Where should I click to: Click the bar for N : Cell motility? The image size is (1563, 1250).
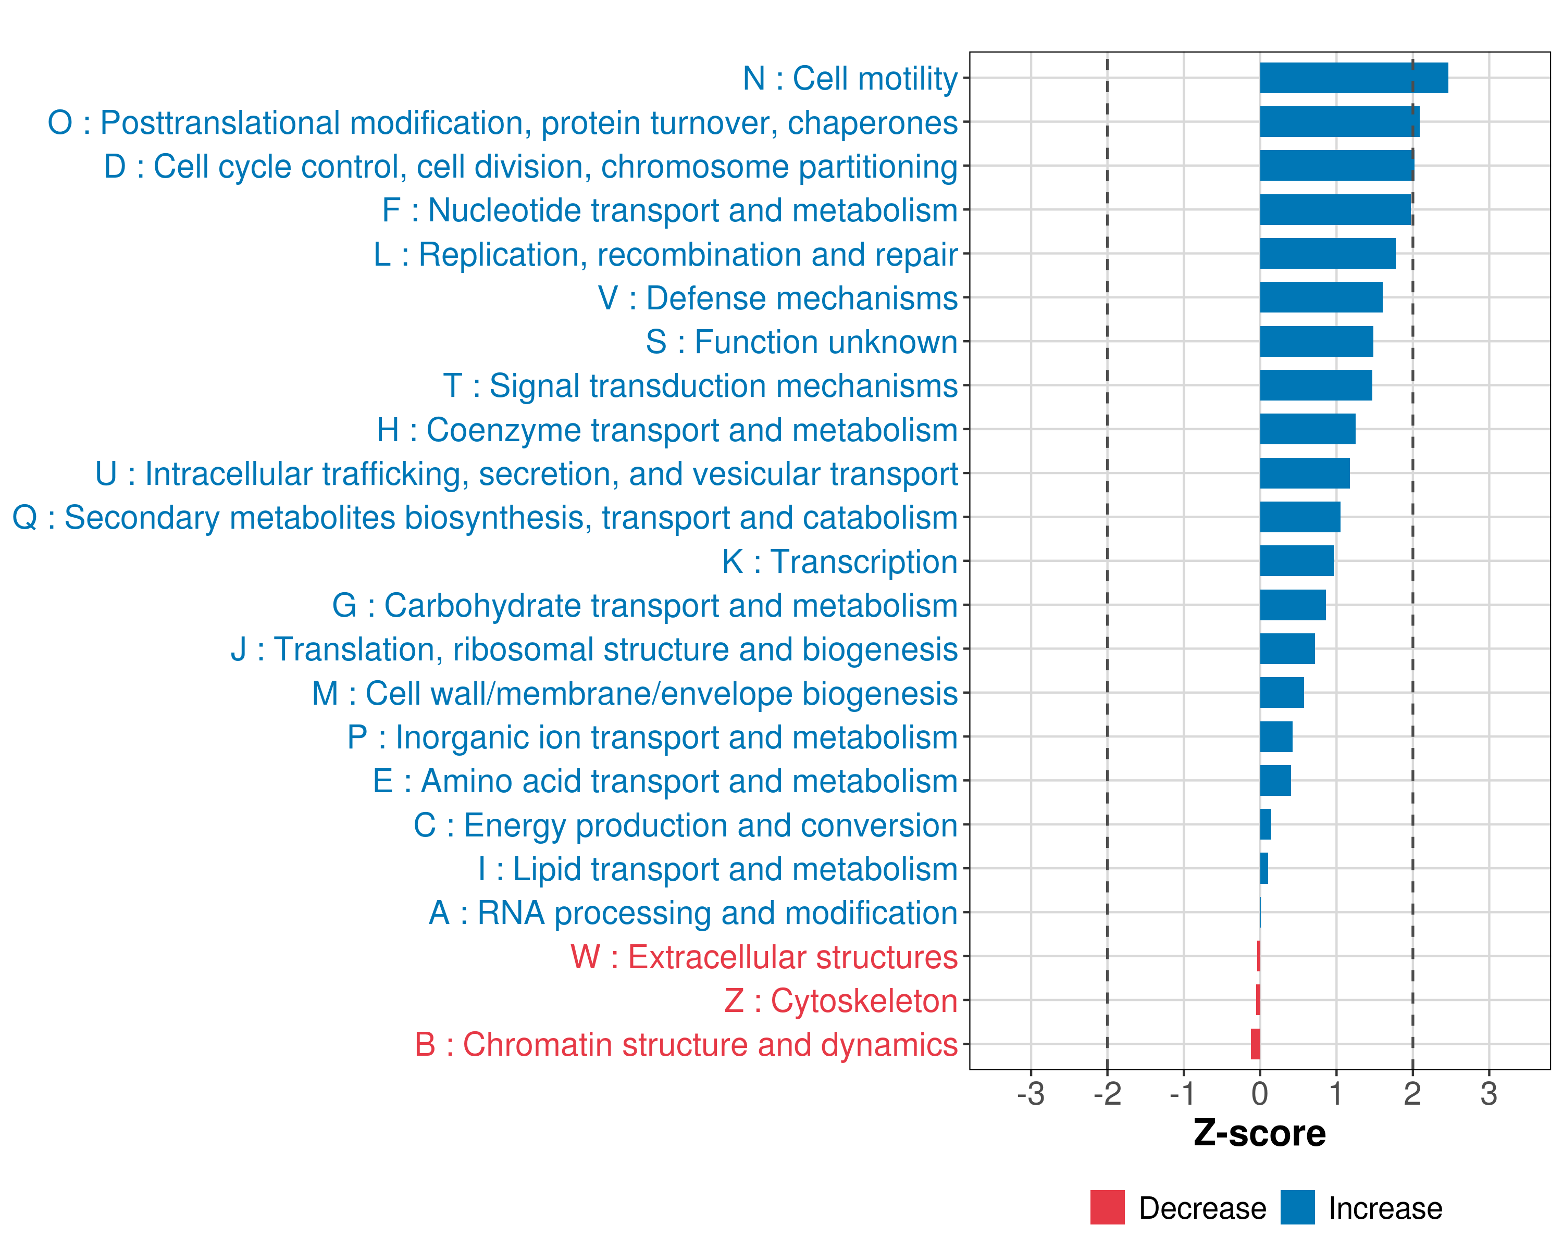coord(1354,78)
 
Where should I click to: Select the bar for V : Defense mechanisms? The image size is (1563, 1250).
coord(1321,297)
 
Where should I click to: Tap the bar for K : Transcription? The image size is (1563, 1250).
coord(1296,561)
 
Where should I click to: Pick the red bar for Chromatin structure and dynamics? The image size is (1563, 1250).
coord(1256,1044)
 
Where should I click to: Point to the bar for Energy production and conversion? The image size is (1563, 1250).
coord(1266,824)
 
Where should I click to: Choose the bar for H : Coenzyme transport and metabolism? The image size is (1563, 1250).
coord(1307,429)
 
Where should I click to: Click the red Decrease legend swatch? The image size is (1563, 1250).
coord(1107,1207)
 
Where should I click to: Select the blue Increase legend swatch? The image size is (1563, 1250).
coord(1297,1207)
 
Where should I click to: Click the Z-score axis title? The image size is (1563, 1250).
coord(1260,1133)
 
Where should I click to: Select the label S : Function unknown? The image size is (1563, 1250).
coord(801,342)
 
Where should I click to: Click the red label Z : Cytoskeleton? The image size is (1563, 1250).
coord(841,1001)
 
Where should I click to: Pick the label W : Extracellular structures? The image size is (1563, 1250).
coord(764,957)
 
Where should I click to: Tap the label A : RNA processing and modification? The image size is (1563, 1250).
coord(693,913)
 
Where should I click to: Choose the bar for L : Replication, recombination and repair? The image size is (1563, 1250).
coord(1328,254)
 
